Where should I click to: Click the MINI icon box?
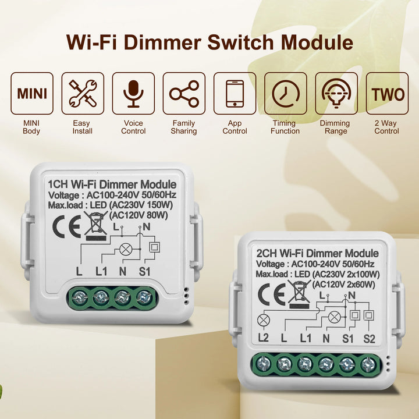tap(32, 93)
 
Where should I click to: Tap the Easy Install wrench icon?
tap(83, 93)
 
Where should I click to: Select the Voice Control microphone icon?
tap(133, 93)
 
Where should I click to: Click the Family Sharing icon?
tap(184, 93)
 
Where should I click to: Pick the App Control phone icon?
tap(235, 93)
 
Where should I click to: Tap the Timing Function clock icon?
tap(285, 93)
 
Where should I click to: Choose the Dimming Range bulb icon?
tap(336, 93)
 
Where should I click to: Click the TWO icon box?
tap(387, 93)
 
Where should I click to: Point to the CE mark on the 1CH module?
tap(63, 228)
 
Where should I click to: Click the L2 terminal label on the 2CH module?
tap(263, 338)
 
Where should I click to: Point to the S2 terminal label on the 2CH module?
tap(369, 338)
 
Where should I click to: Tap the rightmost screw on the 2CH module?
tap(368, 365)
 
